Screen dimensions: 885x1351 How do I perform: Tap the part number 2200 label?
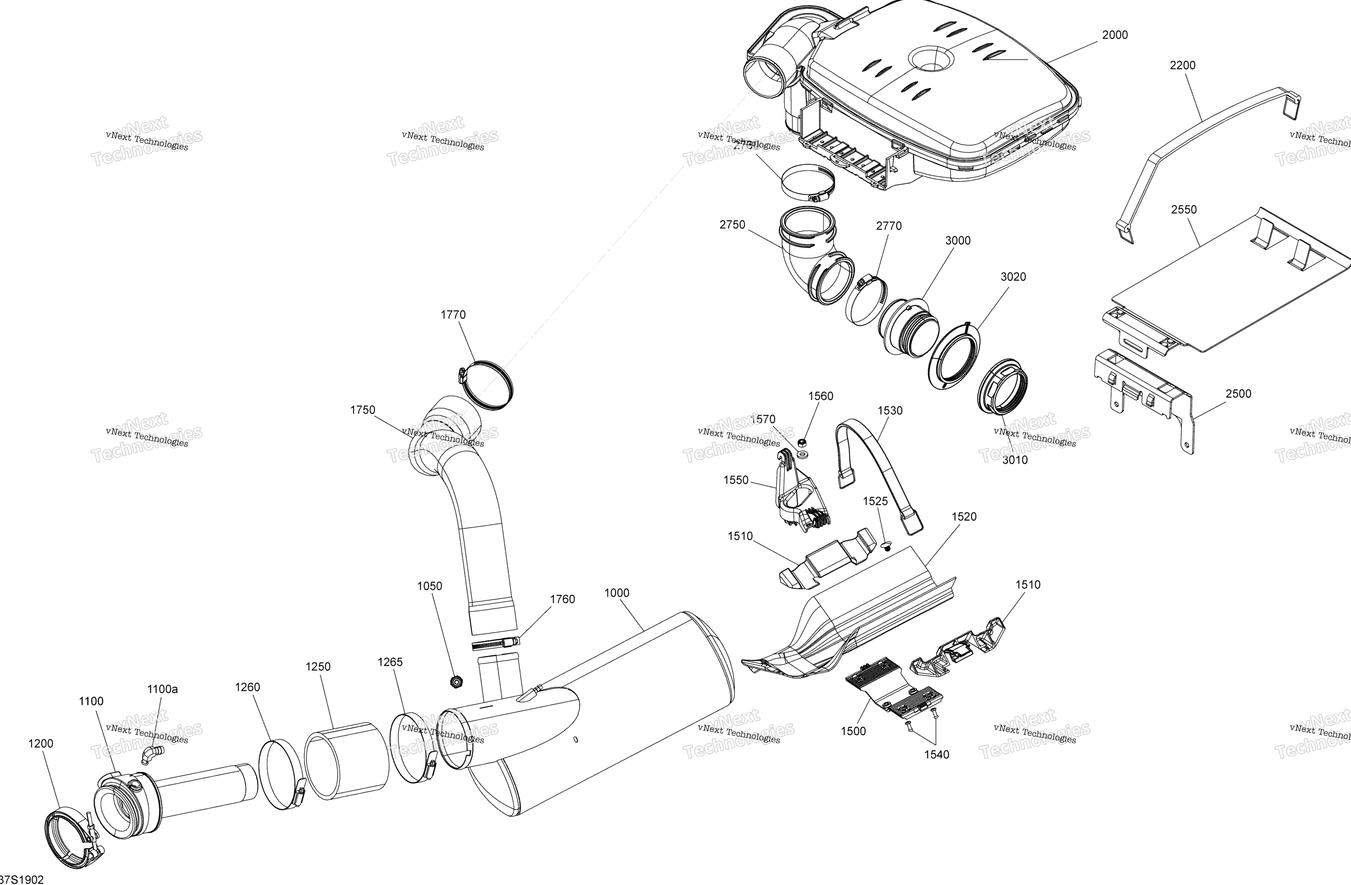pyautogui.click(x=1182, y=65)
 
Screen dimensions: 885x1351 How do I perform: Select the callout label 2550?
pyautogui.click(x=1184, y=209)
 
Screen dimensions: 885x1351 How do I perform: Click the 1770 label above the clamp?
pyautogui.click(x=453, y=314)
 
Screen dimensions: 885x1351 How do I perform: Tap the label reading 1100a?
pyautogui.click(x=162, y=689)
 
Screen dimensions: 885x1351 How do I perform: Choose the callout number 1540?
pyautogui.click(x=936, y=755)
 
